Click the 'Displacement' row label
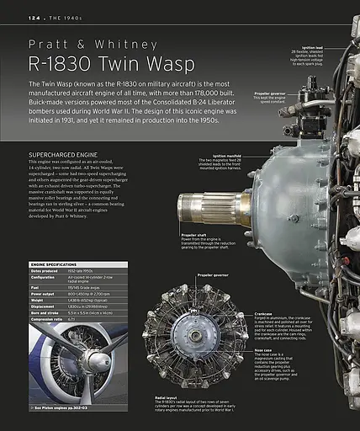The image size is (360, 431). (x=45, y=306)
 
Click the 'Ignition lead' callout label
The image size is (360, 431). (x=312, y=47)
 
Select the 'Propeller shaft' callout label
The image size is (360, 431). (x=196, y=212)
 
